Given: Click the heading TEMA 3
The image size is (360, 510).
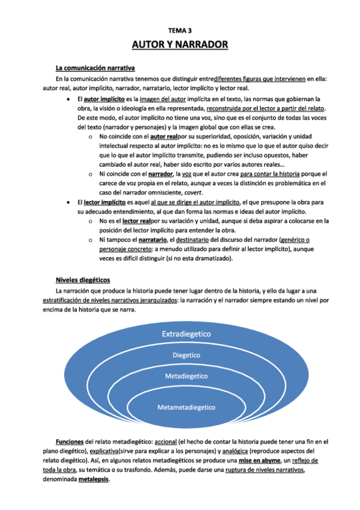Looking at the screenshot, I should pos(180,29).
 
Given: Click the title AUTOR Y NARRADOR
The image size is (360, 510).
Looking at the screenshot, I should pos(180,45).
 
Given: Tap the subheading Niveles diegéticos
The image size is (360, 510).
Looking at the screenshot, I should pos(83,280).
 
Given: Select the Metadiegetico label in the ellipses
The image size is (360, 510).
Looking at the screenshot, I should pos(186,376).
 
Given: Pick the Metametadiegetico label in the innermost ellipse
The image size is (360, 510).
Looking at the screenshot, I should pos(186,407).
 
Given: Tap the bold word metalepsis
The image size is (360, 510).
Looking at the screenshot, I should pos(93,480).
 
